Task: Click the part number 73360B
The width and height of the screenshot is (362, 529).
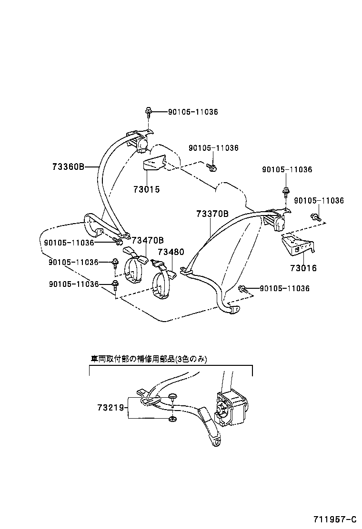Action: [x=68, y=167]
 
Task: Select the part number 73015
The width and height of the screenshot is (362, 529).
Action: [x=146, y=189]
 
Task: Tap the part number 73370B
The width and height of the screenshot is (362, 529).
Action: [x=212, y=214]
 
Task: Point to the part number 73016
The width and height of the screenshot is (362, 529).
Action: [x=303, y=268]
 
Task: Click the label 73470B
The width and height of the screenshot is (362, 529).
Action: [x=148, y=240]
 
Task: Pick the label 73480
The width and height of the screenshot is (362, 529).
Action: [x=171, y=252]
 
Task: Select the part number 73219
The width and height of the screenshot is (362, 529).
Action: [x=111, y=408]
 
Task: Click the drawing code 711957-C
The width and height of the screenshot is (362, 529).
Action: [x=334, y=518]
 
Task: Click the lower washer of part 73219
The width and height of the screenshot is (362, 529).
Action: [x=172, y=419]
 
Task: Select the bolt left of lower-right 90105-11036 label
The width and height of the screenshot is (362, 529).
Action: [x=242, y=288]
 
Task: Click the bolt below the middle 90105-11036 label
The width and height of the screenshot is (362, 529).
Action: [x=212, y=167]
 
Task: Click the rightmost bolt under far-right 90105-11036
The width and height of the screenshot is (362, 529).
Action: [x=315, y=217]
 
